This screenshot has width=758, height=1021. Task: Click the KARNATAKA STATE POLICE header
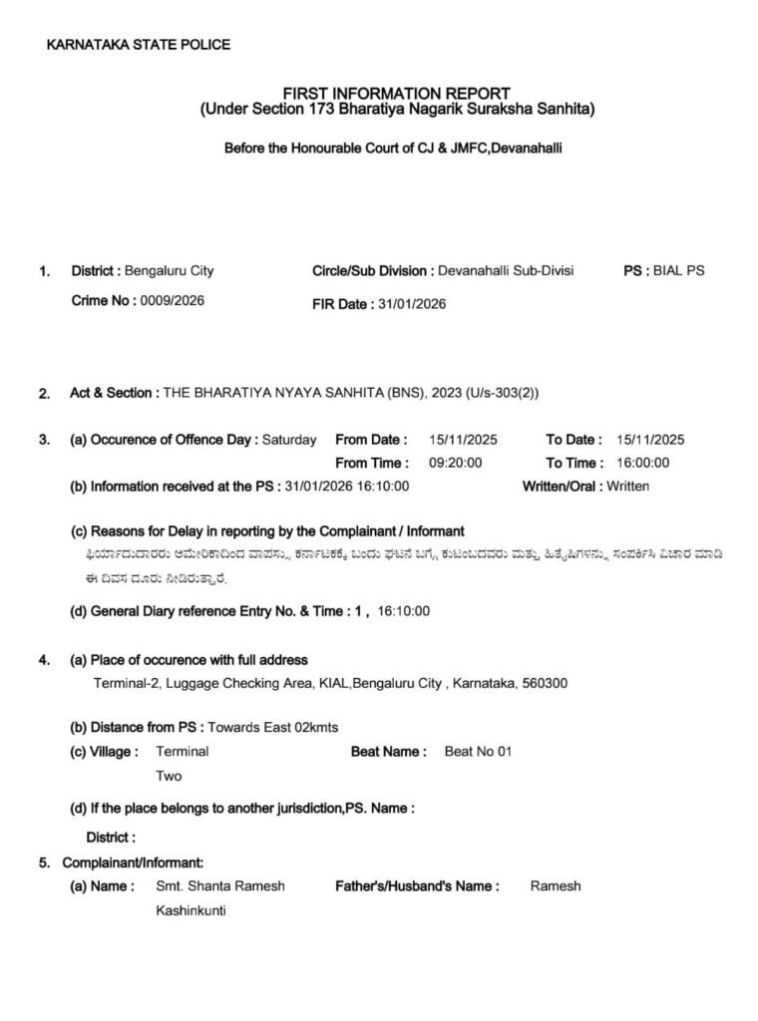[139, 44]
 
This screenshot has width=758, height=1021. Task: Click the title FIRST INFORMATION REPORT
[397, 93]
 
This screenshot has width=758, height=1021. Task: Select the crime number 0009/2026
[172, 301]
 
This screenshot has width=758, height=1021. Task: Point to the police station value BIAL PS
[678, 270]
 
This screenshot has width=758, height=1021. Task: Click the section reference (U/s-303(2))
[500, 393]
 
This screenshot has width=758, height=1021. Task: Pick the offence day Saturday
[289, 439]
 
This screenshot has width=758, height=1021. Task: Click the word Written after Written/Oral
[626, 487]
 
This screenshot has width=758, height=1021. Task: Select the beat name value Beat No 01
[478, 752]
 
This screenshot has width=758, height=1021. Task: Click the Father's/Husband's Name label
[417, 885]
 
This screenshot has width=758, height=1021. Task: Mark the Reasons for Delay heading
[267, 531]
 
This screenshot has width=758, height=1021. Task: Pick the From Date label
[371, 439]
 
